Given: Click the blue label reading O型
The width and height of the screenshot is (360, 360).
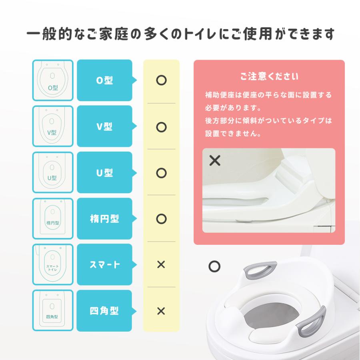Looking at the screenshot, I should point(105,80).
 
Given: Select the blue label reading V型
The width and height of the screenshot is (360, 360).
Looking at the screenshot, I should point(105,126).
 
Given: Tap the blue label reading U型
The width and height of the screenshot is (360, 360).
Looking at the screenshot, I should point(105,173).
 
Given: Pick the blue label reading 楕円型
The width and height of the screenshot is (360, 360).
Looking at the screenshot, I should point(105,219).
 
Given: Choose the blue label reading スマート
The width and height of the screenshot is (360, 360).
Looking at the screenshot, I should point(105,265).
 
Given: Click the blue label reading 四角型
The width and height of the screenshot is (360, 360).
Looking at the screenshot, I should point(105,311).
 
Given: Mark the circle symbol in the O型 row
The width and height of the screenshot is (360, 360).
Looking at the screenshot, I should point(161,80).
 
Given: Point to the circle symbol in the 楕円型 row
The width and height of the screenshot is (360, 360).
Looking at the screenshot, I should point(161,219).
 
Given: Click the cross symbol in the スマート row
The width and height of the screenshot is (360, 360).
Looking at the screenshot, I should point(161,265).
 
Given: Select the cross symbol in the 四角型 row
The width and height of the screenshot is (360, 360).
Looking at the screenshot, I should point(161,311).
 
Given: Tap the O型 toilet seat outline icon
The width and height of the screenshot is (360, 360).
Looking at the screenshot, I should point(53,80).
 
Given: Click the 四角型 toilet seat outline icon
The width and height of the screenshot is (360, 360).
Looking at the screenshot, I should point(53,311).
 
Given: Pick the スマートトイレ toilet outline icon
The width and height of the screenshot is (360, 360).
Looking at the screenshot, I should point(53,265).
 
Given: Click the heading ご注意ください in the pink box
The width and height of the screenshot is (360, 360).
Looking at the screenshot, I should point(269,76).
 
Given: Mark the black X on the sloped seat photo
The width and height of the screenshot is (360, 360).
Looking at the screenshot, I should point(215,161).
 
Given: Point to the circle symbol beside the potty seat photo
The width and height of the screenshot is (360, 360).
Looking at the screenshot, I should point(215,266).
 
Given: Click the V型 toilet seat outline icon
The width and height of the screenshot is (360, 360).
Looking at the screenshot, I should point(53,126).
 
